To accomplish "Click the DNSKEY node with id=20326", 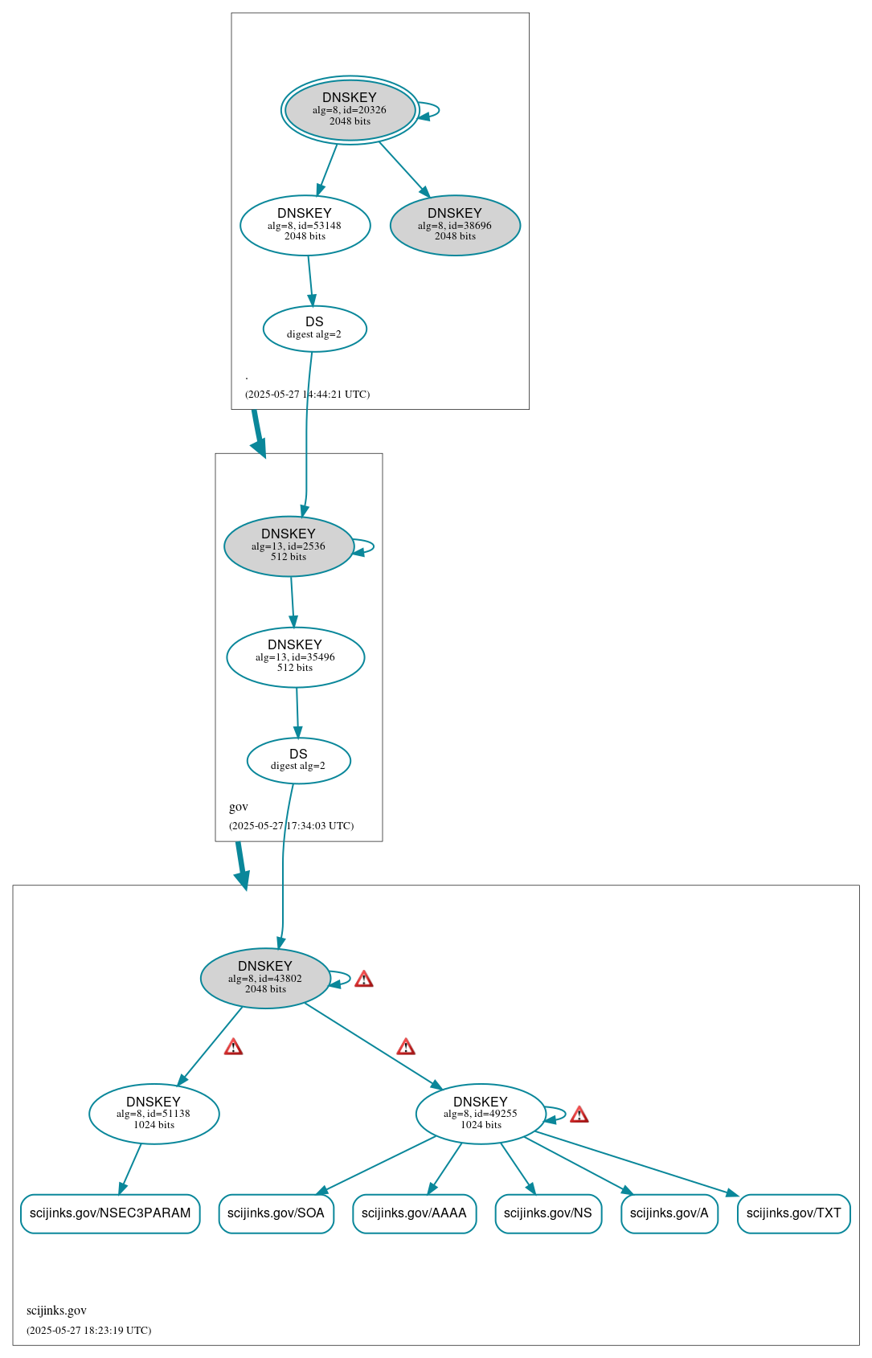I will click(350, 110).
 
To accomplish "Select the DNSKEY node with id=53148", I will click(305, 225).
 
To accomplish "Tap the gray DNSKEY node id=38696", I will click(455, 225).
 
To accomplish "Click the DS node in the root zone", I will click(314, 328).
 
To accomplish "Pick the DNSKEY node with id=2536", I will click(289, 546).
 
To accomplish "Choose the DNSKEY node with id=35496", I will click(295, 657).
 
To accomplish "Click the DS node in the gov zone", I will click(298, 760).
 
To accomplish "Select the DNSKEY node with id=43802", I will click(265, 978).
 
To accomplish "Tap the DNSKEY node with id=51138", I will click(154, 1114).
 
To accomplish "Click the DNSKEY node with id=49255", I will click(481, 1114).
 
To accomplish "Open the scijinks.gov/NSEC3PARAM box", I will click(110, 1213).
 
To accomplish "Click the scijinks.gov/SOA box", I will click(276, 1213).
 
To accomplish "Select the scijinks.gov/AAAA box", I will click(414, 1213).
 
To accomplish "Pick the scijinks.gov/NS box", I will click(548, 1213).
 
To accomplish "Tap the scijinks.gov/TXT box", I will click(793, 1213).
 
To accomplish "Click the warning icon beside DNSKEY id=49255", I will click(579, 1115).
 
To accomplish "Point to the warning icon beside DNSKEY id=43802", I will click(364, 979).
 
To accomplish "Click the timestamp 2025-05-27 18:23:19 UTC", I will click(88, 1330).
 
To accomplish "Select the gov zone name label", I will click(239, 807).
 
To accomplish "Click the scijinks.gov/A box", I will click(669, 1213).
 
